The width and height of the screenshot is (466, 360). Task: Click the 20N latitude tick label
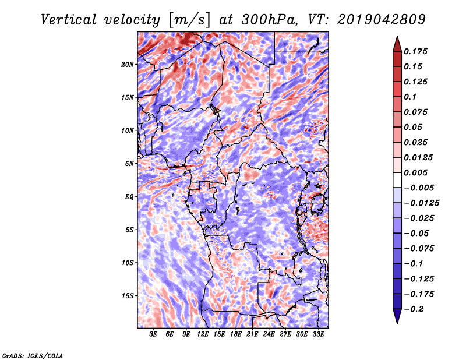click(x=128, y=65)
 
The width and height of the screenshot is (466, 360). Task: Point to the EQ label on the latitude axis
click(x=129, y=197)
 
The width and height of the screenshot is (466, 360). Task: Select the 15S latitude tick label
click(x=128, y=296)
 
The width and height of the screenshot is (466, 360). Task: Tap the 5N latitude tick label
click(x=129, y=164)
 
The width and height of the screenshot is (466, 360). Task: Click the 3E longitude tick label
click(x=153, y=334)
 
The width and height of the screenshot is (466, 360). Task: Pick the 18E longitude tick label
click(x=236, y=334)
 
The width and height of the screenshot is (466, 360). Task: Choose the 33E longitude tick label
click(x=318, y=334)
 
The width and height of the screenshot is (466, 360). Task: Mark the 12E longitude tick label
click(x=203, y=334)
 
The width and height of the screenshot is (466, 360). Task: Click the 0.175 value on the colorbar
click(x=415, y=51)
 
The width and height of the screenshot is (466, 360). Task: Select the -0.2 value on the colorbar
click(x=414, y=309)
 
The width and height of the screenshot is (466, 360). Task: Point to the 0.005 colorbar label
click(x=415, y=172)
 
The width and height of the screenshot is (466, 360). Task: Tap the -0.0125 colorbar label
click(x=421, y=203)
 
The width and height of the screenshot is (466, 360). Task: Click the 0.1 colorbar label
click(x=410, y=97)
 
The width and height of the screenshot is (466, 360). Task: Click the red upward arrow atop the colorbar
click(x=397, y=44)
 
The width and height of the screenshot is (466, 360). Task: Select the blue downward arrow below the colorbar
click(x=397, y=316)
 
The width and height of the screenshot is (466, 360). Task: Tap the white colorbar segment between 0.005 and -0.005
click(x=397, y=180)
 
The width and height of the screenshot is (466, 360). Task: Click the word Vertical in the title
click(x=69, y=20)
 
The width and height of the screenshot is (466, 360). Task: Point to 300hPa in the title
click(x=269, y=20)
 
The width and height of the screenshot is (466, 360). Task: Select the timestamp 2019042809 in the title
click(x=382, y=20)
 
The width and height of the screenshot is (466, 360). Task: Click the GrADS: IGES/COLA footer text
click(x=33, y=355)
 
